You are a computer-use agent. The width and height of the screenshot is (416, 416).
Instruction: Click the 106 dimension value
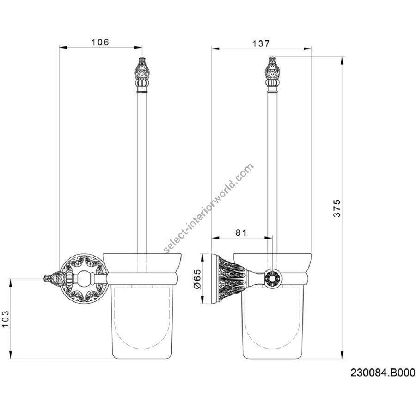pos(100,42)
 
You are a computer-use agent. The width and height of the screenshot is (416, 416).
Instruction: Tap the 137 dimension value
pos(261,43)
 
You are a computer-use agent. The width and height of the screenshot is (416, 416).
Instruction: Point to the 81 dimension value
pos(241,232)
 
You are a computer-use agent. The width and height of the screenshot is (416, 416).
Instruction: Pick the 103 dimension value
pos(6,319)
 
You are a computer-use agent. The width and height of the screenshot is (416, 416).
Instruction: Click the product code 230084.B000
pos(383,373)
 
